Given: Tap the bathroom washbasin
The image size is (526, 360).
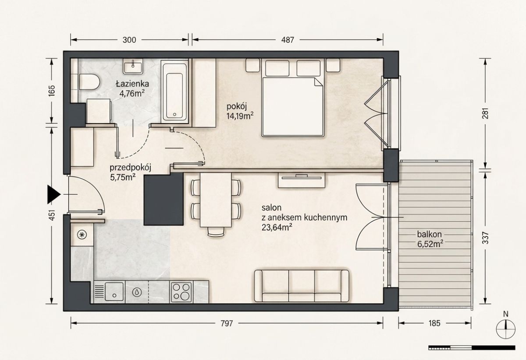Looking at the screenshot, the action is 133,67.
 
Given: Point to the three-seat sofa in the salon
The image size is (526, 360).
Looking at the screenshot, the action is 302,286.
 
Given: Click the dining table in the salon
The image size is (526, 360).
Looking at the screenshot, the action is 216,200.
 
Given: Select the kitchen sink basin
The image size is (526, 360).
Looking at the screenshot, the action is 114,292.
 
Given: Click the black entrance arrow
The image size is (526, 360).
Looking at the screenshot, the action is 54,194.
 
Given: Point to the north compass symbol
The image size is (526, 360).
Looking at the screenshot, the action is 506,328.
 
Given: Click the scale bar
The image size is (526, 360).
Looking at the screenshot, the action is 472,348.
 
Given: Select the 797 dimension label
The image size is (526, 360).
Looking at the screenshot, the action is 227,323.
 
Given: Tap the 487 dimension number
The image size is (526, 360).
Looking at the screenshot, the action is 288,40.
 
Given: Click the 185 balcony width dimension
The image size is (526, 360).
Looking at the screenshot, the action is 434,323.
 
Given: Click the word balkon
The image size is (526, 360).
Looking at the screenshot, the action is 429,234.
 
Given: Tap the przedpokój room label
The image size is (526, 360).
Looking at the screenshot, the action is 130,168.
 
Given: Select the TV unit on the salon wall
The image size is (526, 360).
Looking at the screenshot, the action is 302,180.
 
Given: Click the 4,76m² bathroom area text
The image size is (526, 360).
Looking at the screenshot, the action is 132,94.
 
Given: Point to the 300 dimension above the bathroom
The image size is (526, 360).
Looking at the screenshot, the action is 129,40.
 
